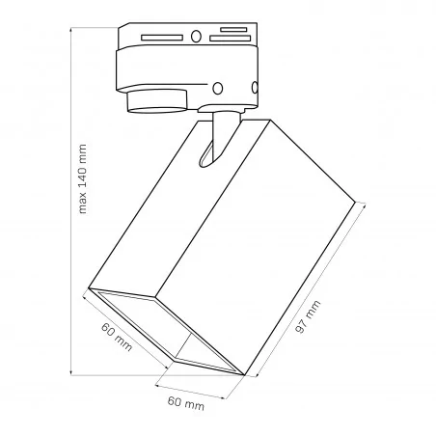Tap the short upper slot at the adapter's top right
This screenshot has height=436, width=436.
point(231,31)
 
